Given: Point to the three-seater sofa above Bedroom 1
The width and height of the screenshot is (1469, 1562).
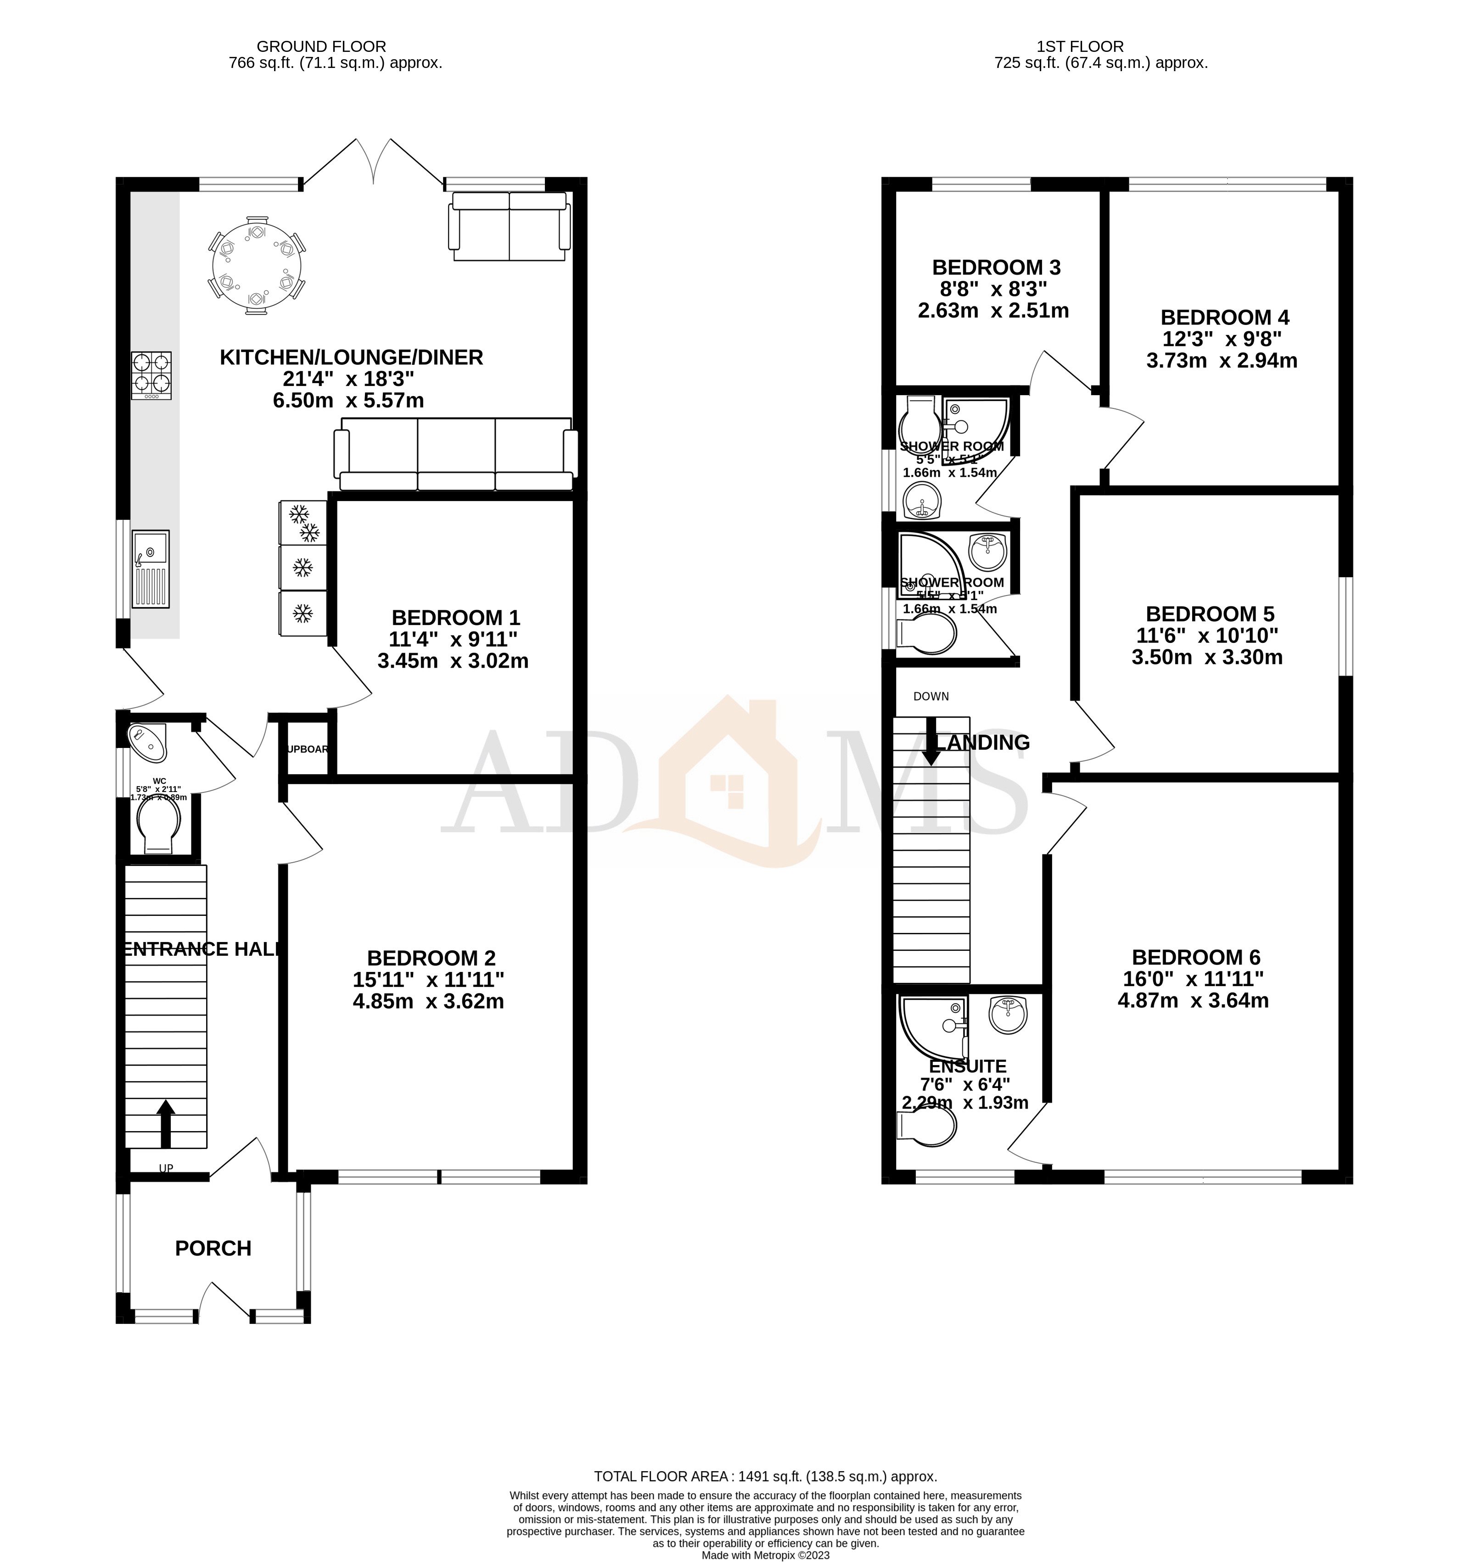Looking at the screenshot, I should pos(456,454).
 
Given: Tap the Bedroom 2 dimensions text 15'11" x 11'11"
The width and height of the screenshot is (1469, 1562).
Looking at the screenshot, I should pos(428,980).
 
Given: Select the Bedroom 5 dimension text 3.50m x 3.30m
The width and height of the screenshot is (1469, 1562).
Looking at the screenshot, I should pos(1206,658).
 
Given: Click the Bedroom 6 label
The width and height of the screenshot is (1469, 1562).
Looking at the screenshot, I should pos(1195,957).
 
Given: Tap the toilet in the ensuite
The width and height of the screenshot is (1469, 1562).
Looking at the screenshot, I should pos(929,1125).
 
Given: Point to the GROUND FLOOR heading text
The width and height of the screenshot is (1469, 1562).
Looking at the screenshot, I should pos(321,46).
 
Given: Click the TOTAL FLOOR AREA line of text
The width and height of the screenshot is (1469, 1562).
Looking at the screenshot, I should pos(765,1476).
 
